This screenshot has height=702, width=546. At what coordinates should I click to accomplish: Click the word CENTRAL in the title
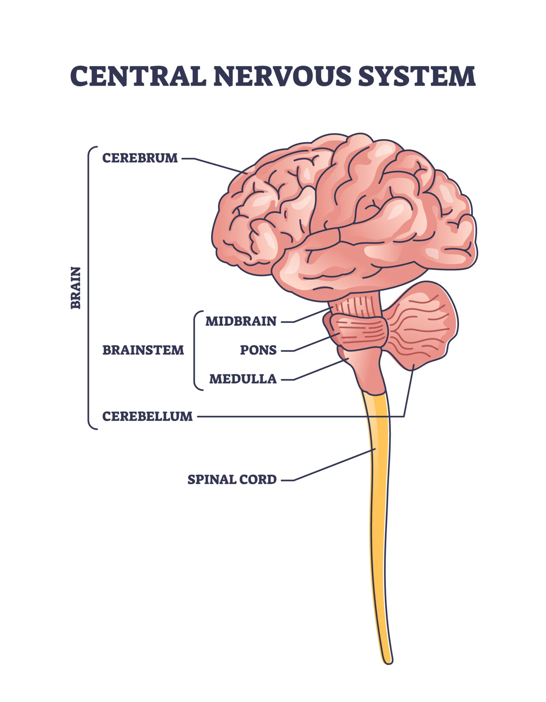pos(138,76)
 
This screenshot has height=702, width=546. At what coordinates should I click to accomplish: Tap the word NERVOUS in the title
pos(282,76)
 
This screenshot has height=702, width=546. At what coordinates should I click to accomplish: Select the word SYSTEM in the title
pos(417,76)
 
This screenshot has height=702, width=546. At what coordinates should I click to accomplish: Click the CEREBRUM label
pos(140,158)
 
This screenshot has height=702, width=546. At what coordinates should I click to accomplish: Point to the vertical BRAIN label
pos(76,288)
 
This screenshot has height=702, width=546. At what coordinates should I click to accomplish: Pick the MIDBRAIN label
pos(241,321)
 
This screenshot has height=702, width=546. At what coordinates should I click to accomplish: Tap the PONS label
pos(258,350)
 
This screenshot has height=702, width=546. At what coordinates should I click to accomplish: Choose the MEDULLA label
pos(243,379)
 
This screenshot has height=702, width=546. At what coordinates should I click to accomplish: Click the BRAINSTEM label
pos(143,350)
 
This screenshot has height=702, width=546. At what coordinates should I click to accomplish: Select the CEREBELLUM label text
pos(147,416)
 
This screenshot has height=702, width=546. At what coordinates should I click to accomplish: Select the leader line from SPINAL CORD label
pos(332,465)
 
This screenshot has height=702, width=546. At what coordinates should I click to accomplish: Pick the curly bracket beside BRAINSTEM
pos(195,350)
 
